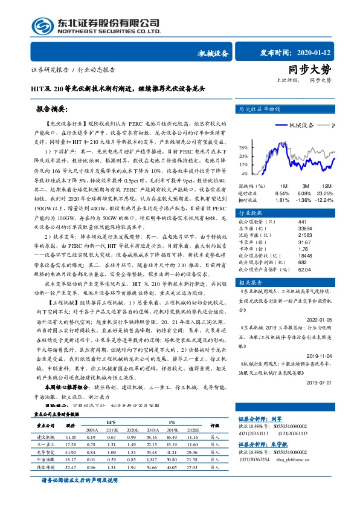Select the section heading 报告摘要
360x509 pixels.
52,109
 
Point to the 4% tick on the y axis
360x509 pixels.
244,173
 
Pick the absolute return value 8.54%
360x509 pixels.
282,193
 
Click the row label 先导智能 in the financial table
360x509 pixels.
46,452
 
